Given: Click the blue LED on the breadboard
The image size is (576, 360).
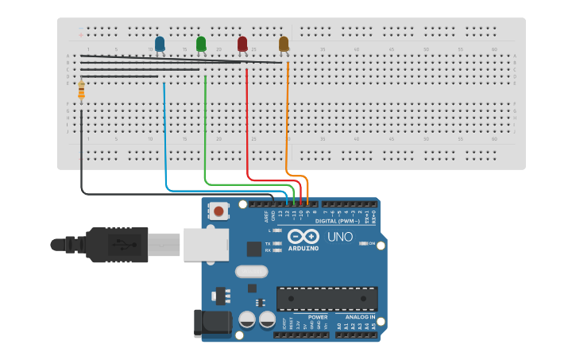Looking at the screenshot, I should pyautogui.click(x=160, y=44).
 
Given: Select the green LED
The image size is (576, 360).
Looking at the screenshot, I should pyautogui.click(x=201, y=44).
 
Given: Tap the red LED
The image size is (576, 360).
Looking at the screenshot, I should pyautogui.click(x=242, y=44).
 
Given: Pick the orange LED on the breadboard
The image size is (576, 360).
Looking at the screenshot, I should pyautogui.click(x=284, y=44).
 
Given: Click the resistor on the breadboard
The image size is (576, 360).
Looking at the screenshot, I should pyautogui.click(x=81, y=92).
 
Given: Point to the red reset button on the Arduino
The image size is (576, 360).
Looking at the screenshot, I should pyautogui.click(x=218, y=211).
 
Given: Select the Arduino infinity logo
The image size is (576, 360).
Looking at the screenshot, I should pyautogui.click(x=303, y=236).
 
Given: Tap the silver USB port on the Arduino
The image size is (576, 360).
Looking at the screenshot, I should pyautogui.click(x=206, y=244).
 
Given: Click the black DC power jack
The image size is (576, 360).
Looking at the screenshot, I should pyautogui.click(x=213, y=322).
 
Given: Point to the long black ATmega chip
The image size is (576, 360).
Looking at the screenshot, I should pyautogui.click(x=327, y=298).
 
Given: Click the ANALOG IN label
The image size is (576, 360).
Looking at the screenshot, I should pyautogui.click(x=360, y=317).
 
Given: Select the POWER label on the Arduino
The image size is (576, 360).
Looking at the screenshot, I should pyautogui.click(x=318, y=317).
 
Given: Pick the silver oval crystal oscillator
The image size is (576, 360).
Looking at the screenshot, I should pyautogui.click(x=252, y=271).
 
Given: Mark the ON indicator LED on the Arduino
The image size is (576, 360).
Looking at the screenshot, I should pyautogui.click(x=362, y=243).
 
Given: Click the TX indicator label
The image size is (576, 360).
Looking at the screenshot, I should pyautogui.click(x=268, y=243).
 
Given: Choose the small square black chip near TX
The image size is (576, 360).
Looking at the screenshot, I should pyautogui.click(x=253, y=249).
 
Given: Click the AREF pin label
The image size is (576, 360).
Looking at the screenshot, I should pyautogui.click(x=266, y=215).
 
